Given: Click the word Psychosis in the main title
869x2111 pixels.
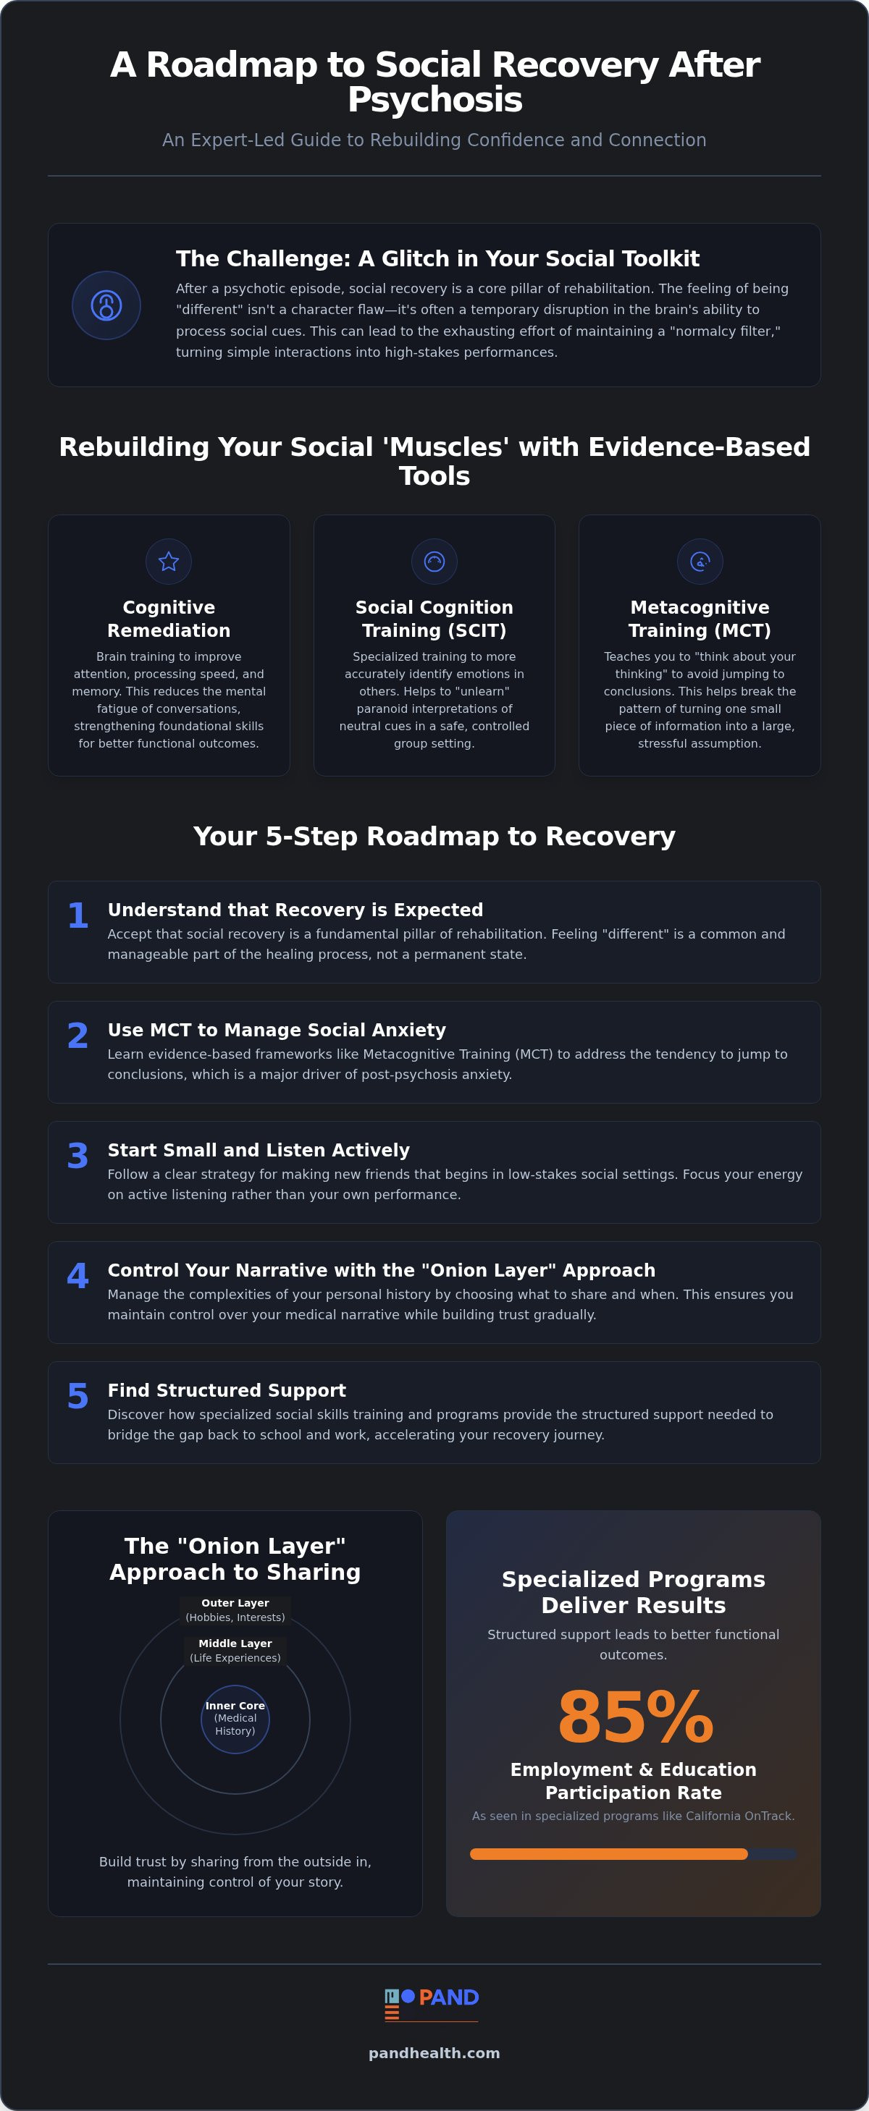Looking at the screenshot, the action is [x=434, y=100].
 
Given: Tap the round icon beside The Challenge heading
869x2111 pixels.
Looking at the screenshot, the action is [x=106, y=305].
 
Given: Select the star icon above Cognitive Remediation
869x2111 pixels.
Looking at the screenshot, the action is [x=169, y=562].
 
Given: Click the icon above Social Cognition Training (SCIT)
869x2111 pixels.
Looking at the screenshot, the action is [x=434, y=562].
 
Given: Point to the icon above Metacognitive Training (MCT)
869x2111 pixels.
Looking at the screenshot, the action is [x=700, y=562].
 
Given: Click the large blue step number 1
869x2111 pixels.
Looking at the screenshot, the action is [x=78, y=915].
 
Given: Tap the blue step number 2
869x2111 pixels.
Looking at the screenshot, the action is [x=78, y=1036].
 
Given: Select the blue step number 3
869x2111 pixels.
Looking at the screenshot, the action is [x=78, y=1156].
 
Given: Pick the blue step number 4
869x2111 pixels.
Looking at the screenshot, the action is [x=78, y=1276].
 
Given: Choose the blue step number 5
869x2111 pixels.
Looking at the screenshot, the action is [x=78, y=1397].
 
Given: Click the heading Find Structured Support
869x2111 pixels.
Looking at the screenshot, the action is [x=227, y=1390].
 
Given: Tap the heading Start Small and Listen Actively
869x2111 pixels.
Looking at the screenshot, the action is [x=259, y=1150].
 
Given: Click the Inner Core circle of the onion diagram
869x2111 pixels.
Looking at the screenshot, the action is [x=235, y=1719].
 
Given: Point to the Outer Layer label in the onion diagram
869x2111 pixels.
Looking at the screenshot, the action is [x=235, y=1609].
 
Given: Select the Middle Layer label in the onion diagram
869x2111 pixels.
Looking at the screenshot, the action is [x=235, y=1649].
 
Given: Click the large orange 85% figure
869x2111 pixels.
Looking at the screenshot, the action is [x=635, y=1717].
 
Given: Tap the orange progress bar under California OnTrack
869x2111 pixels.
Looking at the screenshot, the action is [x=608, y=1853].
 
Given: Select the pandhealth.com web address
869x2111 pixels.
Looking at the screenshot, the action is [x=434, y=2053].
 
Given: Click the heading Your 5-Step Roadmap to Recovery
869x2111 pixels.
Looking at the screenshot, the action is [x=434, y=836].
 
